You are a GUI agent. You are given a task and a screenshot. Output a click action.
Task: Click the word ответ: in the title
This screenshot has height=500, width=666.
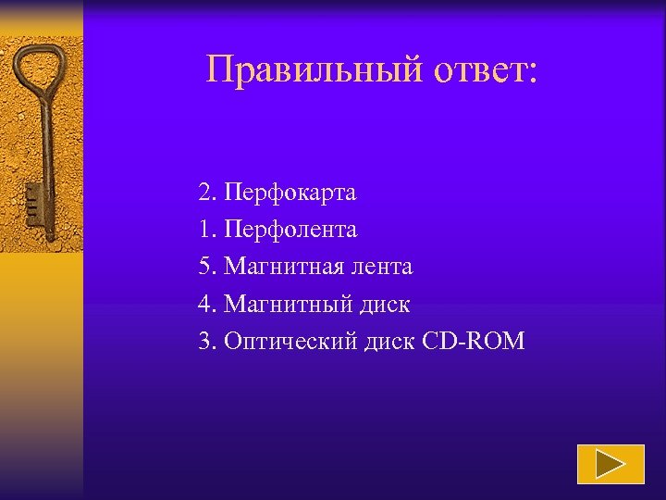click(x=481, y=69)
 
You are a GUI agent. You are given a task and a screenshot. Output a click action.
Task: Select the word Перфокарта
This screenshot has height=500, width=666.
click(x=290, y=194)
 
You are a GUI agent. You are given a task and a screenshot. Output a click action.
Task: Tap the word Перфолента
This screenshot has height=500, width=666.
click(x=290, y=230)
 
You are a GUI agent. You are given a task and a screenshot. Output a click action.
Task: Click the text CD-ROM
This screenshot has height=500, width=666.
click(x=474, y=341)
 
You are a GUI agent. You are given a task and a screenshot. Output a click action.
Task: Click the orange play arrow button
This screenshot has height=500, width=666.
click(x=610, y=464)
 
